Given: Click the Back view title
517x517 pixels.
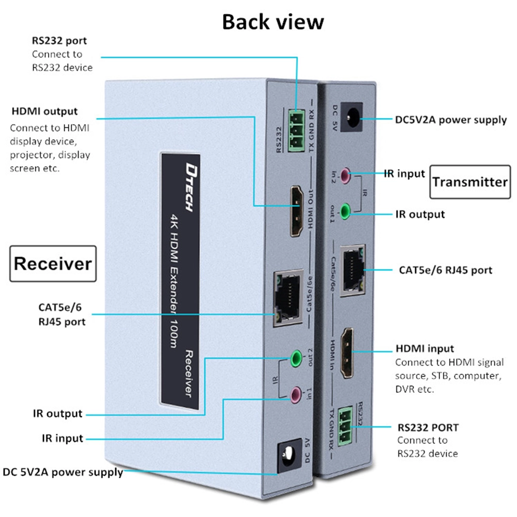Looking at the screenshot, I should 273,22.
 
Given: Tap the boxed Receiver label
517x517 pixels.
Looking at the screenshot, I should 53,264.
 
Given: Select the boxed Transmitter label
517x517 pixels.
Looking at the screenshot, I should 469,181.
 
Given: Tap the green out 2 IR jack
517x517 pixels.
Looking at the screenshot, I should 296,357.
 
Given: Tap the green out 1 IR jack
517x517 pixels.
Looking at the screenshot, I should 353,209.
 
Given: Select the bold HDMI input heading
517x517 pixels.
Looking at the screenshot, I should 424,349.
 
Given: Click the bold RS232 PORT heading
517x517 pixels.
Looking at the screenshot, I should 428,428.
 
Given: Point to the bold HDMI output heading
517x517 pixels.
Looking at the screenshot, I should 44,111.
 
